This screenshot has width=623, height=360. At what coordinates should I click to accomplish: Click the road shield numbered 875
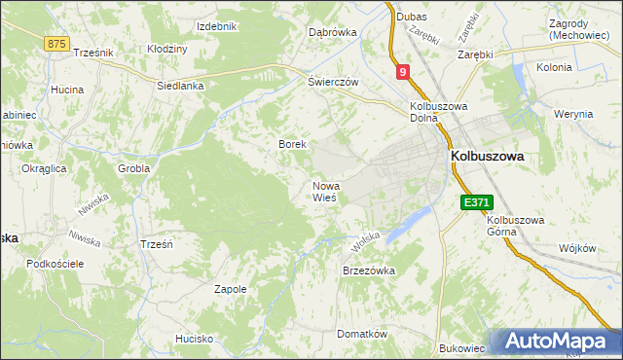[x=57, y=45]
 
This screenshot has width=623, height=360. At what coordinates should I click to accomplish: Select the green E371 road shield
[x=477, y=202]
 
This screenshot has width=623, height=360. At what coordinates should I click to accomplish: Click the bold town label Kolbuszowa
[x=486, y=155]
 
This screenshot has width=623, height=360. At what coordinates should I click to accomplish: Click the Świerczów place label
[x=334, y=83]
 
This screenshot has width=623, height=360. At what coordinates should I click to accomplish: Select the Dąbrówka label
[x=333, y=32]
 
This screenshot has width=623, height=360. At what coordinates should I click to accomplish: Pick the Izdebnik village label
[x=216, y=26]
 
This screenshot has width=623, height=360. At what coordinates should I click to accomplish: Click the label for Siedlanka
[x=180, y=86]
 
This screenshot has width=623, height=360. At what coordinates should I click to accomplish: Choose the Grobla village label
[x=134, y=168]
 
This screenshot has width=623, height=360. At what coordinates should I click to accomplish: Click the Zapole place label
[x=230, y=289]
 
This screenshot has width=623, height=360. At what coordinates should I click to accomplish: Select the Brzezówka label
[x=368, y=271]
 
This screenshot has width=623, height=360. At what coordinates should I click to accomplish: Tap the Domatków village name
[x=362, y=334]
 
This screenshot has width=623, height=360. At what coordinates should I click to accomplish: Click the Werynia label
[x=573, y=114]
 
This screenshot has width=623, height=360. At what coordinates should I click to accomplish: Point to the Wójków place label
[x=577, y=248]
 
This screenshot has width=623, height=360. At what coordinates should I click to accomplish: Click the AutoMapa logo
[x=556, y=342]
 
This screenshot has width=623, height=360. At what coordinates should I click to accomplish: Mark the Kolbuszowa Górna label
[x=515, y=227]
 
